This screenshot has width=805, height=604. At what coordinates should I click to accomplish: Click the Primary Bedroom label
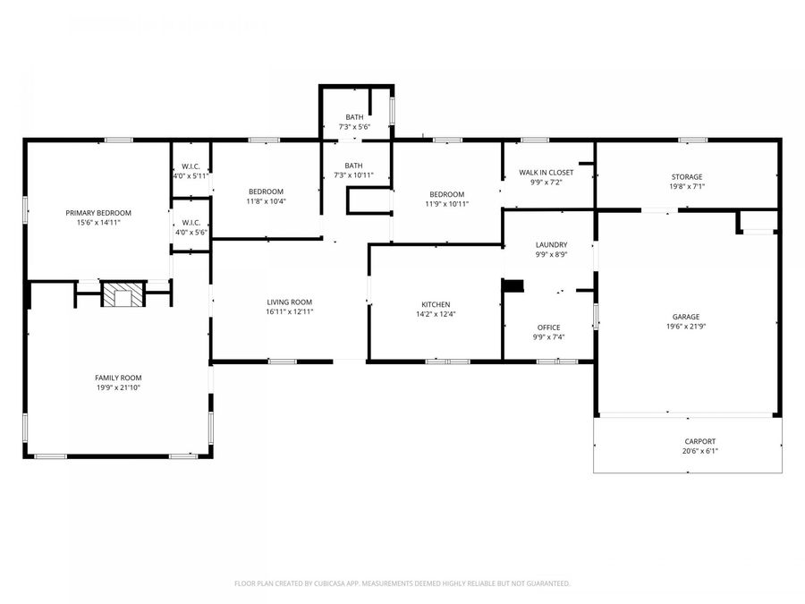[x=98, y=212]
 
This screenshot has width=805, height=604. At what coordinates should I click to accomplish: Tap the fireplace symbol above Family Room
[x=121, y=294]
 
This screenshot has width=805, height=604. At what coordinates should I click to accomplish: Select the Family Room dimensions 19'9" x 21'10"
[x=118, y=387]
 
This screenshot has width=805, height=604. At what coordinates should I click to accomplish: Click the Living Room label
[x=289, y=302]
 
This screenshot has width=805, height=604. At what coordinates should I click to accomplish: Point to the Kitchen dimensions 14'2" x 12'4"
[x=436, y=314]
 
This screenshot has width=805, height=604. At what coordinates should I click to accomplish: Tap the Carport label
[x=699, y=441]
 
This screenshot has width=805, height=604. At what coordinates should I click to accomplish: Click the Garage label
[x=686, y=316]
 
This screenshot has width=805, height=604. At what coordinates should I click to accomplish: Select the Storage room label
[x=686, y=176]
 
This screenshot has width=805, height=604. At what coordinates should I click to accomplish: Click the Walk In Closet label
[x=546, y=172]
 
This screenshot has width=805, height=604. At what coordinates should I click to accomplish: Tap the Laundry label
[x=551, y=244]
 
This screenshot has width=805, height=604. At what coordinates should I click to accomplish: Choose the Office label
[x=547, y=327]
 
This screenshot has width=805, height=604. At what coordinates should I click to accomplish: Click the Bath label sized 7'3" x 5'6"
[x=354, y=117]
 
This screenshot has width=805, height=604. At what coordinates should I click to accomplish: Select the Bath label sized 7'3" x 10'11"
[x=354, y=165]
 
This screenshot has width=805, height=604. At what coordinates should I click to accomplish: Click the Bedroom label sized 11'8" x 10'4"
[x=266, y=191]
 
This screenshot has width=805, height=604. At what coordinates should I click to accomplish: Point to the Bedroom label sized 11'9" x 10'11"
[x=446, y=194]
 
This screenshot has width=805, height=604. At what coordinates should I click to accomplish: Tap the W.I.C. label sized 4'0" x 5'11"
[x=191, y=166]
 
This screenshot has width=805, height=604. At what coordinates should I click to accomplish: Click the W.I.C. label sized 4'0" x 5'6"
[x=191, y=222]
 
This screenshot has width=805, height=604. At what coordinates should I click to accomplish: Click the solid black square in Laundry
[x=513, y=285]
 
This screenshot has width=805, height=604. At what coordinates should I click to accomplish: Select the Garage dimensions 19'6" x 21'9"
[x=686, y=327]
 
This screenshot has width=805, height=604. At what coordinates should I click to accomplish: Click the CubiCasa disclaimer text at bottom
[x=402, y=583]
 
